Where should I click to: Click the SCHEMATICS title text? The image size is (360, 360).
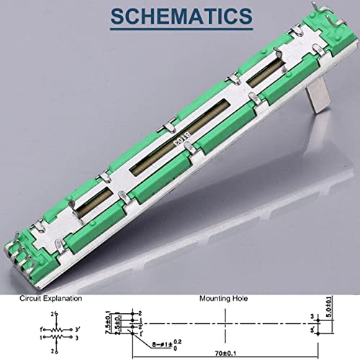point(179,14)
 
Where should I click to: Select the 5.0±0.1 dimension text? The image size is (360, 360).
point(330,309)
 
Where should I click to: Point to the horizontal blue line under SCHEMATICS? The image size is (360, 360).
point(179,32)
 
